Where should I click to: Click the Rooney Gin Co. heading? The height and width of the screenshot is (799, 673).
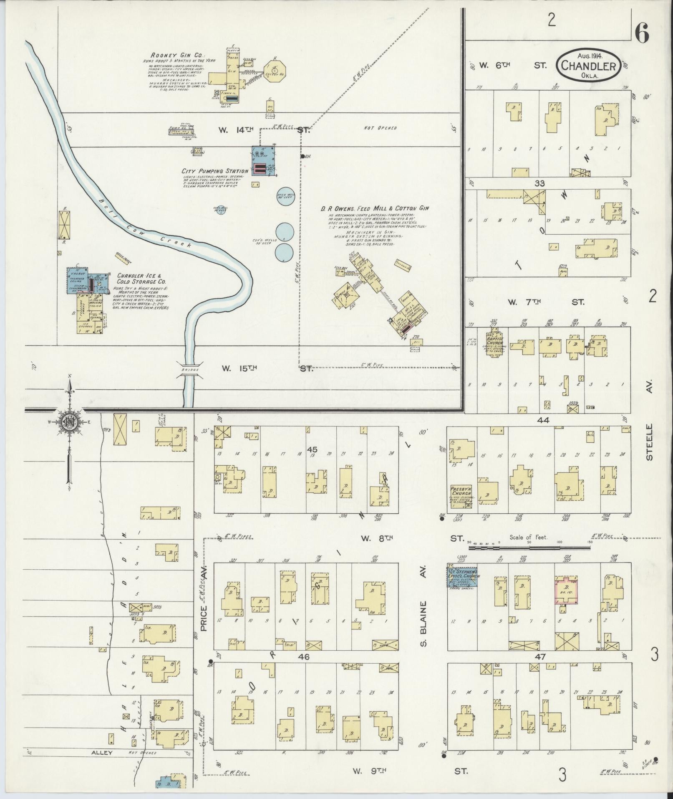pyautogui.click(x=171, y=55)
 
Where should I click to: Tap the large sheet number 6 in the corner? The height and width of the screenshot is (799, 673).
pyautogui.click(x=642, y=34)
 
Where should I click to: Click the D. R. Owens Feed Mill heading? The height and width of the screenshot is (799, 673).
pyautogui.click(x=375, y=208)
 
